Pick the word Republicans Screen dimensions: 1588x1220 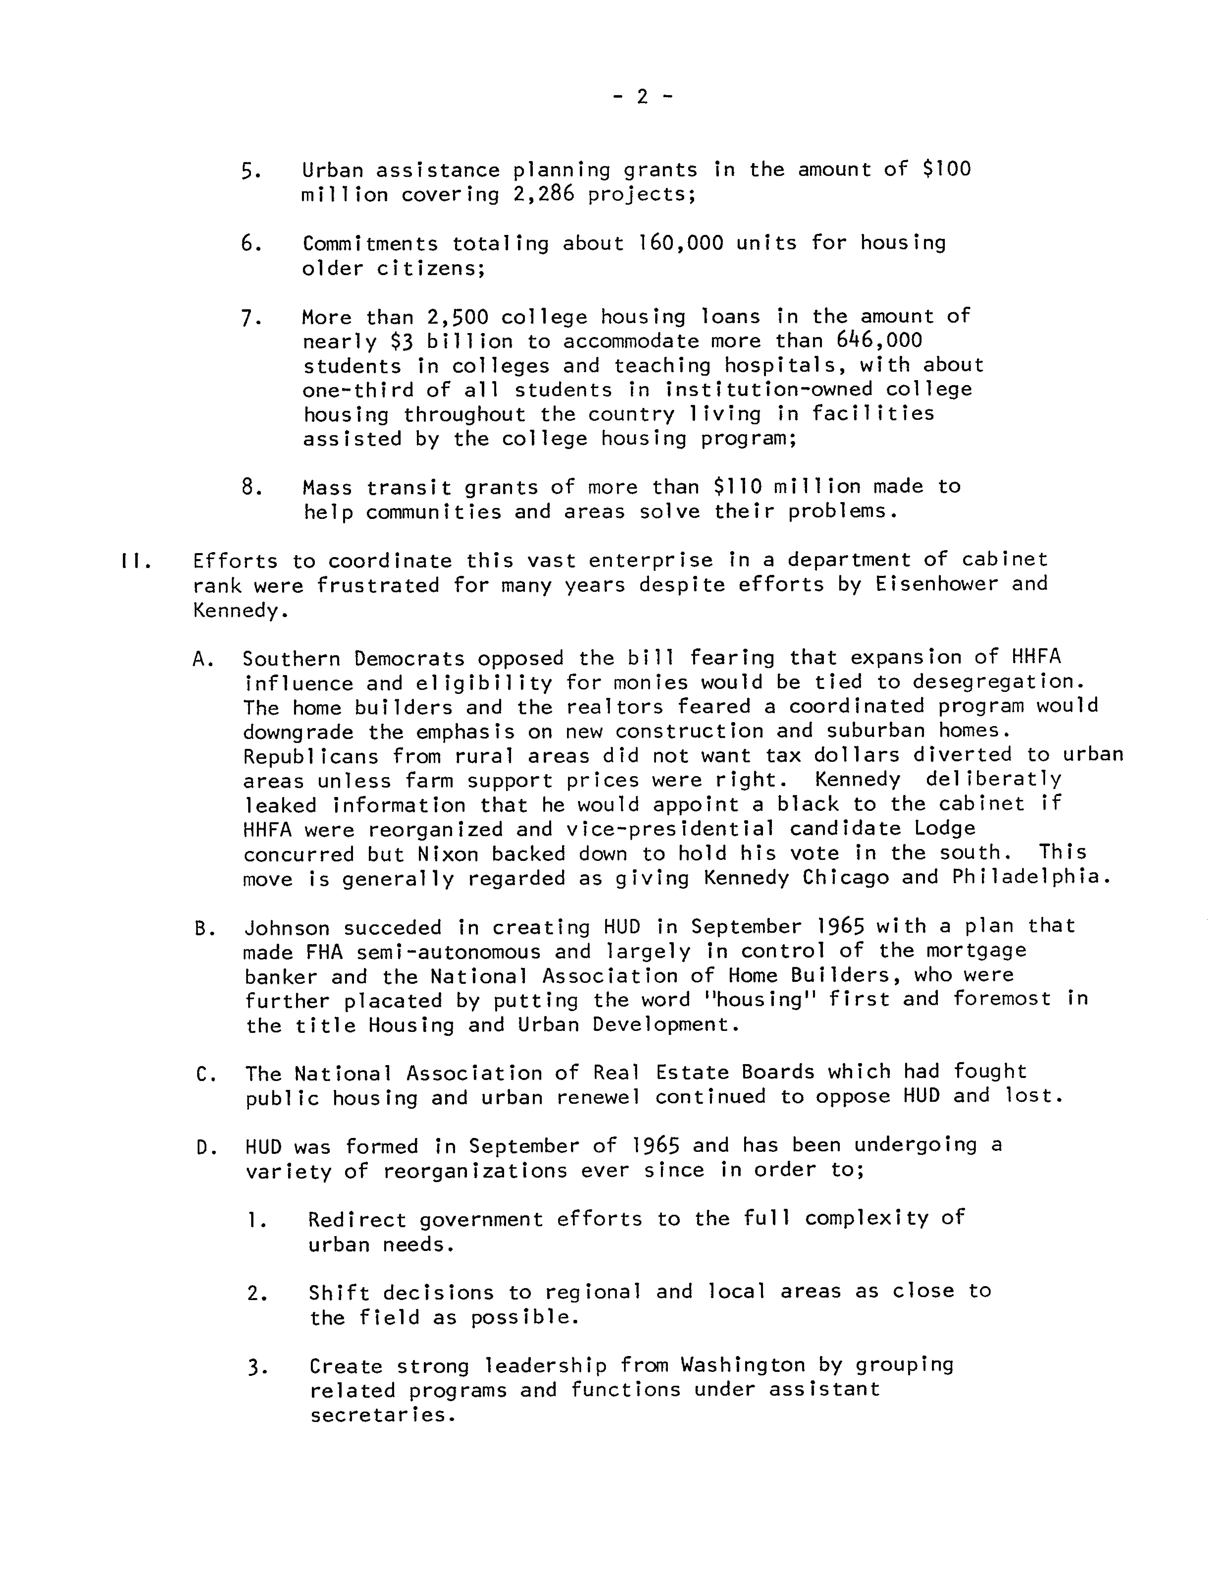click(311, 756)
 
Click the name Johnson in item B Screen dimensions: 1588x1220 click(287, 928)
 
